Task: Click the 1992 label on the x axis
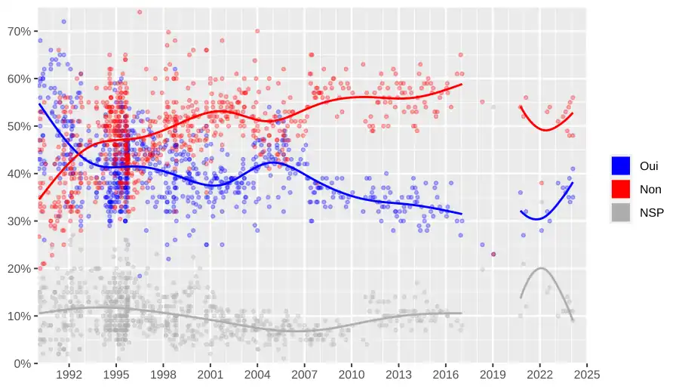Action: click(x=69, y=375)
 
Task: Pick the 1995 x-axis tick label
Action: click(x=116, y=375)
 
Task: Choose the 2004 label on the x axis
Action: click(x=257, y=375)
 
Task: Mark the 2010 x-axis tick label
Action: click(x=352, y=375)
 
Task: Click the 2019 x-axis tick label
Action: click(x=493, y=375)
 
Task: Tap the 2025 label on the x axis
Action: click(x=587, y=375)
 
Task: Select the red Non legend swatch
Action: click(x=621, y=190)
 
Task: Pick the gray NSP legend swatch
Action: click(x=621, y=213)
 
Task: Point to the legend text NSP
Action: click(x=651, y=213)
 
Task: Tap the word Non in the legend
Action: click(x=650, y=190)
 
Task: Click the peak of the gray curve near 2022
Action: click(x=541, y=268)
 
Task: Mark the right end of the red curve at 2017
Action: click(x=462, y=84)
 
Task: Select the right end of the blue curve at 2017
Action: click(x=462, y=214)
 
